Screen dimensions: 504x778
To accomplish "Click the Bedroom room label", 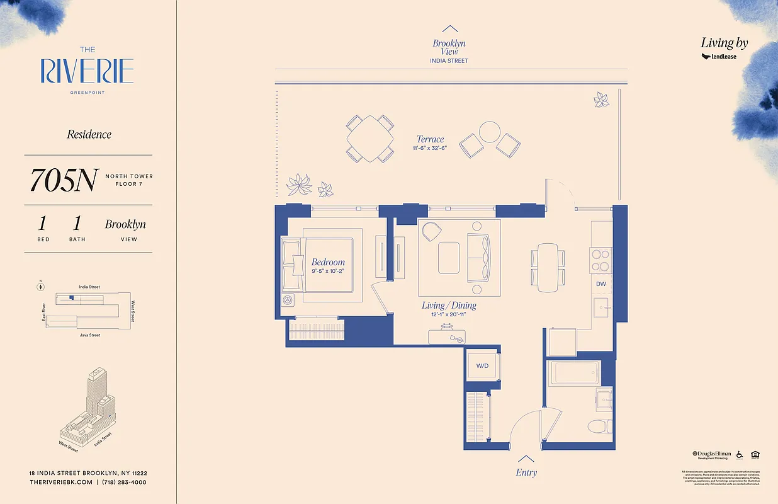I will click(328, 262).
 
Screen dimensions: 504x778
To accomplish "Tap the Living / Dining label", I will click(449, 306).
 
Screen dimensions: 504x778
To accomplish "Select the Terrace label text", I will click(430, 139).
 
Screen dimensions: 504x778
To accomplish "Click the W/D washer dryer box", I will click(483, 366).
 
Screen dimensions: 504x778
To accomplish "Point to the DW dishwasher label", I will click(600, 284).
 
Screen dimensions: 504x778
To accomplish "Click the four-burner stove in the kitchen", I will click(600, 260).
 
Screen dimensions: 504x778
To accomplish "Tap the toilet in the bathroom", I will click(600, 427).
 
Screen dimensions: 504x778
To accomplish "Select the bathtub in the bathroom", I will click(574, 373).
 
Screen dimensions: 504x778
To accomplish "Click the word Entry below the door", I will click(526, 472).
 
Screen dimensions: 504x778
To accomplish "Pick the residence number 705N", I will click(63, 181).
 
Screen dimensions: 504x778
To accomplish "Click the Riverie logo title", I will click(87, 71).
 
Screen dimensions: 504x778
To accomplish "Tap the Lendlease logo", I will click(719, 57).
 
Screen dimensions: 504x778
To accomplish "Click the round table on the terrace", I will click(489, 132).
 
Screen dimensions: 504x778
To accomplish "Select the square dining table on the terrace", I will click(370, 139).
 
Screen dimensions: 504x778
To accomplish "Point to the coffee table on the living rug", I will click(449, 257).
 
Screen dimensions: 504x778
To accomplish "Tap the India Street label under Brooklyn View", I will click(449, 61).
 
